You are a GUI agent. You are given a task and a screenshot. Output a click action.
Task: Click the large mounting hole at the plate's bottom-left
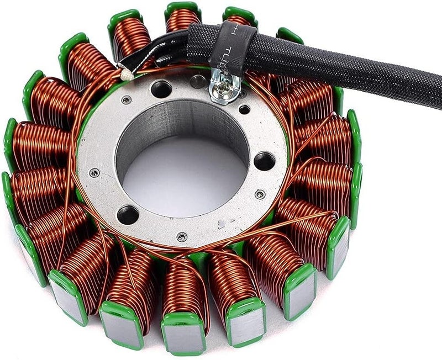pyautogui.click(x=128, y=214)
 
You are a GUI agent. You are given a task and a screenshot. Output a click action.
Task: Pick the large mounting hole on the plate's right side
pyautogui.click(x=264, y=161)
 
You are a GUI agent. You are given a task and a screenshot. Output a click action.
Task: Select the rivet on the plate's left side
pyautogui.click(x=94, y=173)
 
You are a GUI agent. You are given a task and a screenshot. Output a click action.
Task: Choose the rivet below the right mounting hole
pyautogui.click(x=260, y=194)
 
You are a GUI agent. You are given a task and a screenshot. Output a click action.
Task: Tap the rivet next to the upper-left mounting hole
pyautogui.click(x=127, y=100)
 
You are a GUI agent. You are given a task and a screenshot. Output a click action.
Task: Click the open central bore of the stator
pyautogui.click(x=182, y=166)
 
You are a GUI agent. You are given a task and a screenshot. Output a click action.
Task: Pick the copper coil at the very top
pyautogui.click(x=183, y=19)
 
